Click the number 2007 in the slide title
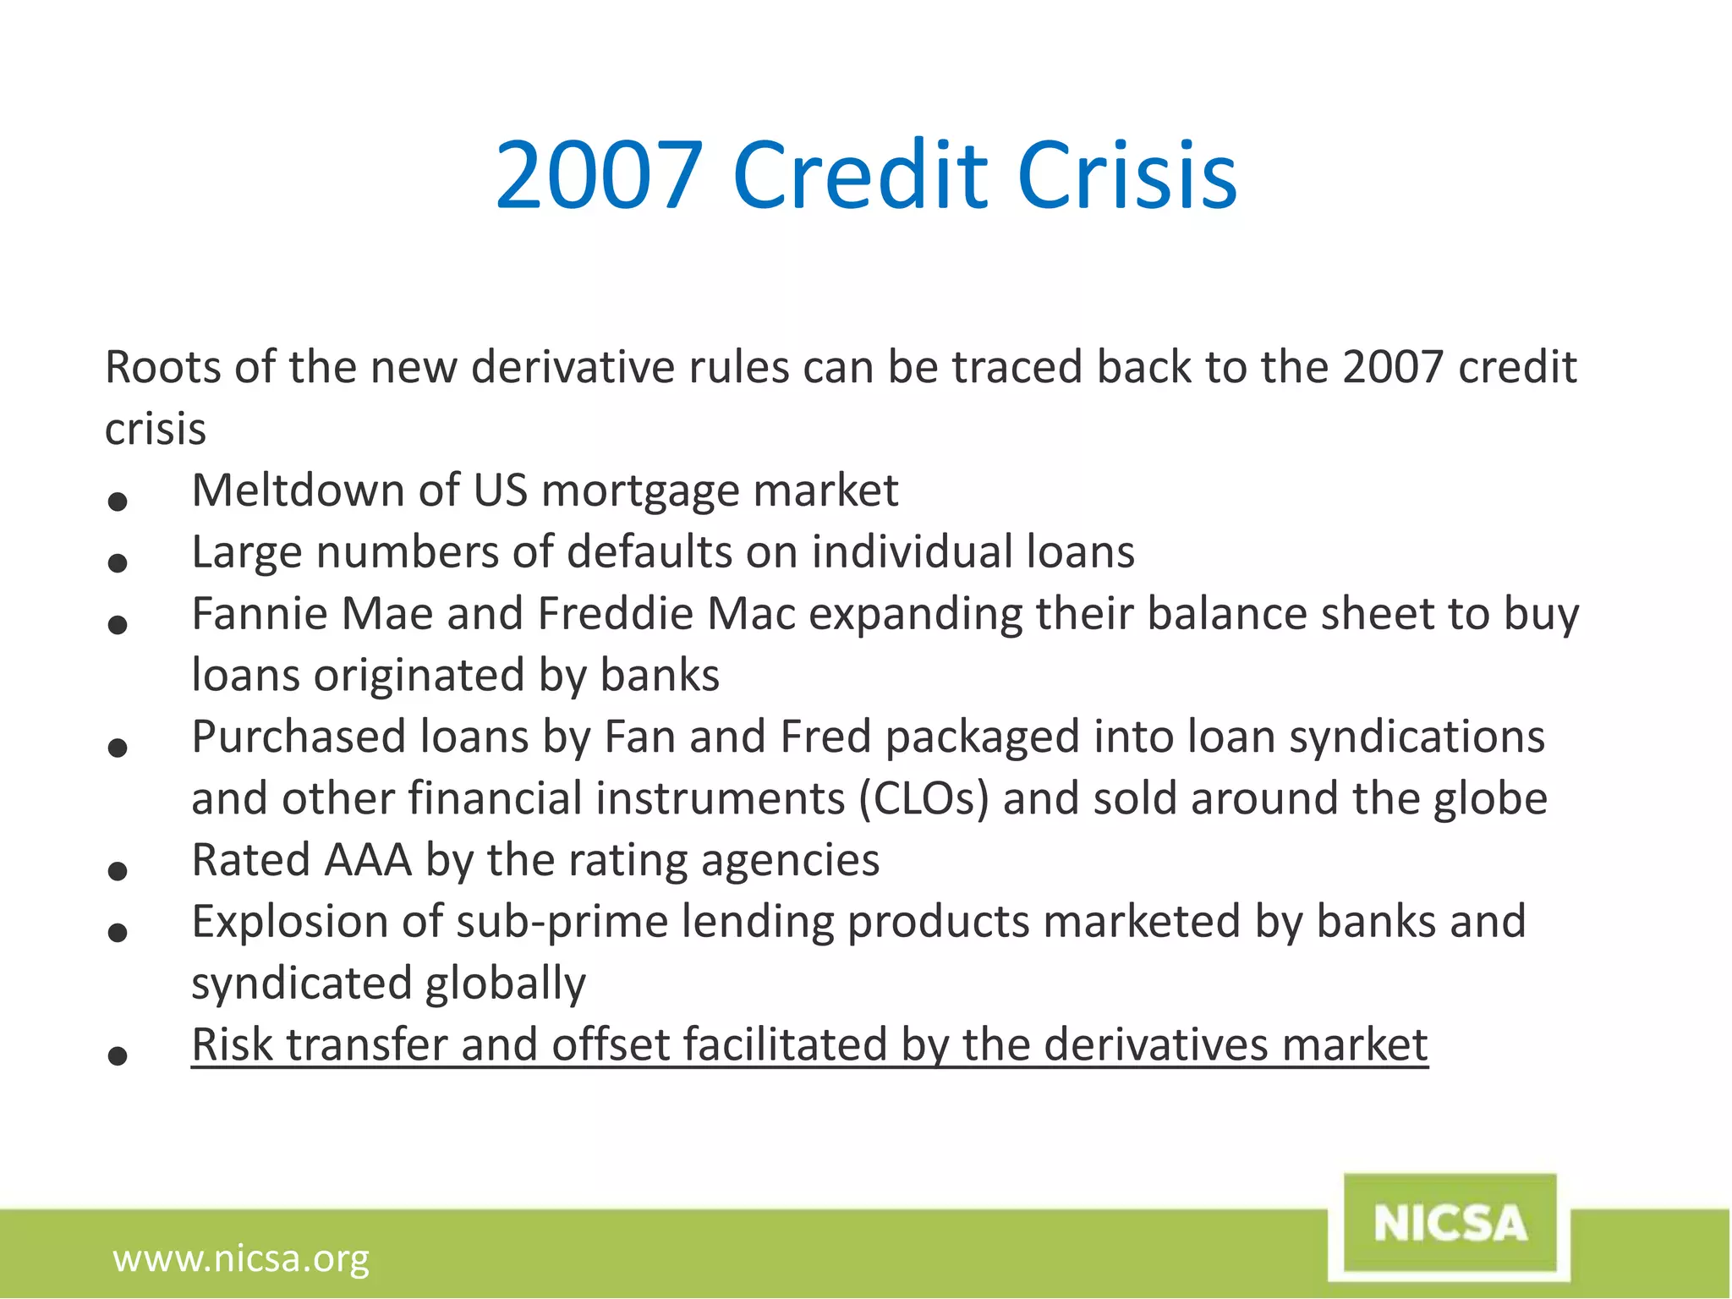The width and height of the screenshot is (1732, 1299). pos(599,176)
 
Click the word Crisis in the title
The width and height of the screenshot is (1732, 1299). pos(1127,176)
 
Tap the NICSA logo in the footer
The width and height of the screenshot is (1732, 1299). pos(1450,1224)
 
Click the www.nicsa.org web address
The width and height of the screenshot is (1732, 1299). pos(241,1258)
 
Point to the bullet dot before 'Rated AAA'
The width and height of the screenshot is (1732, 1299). pos(118,871)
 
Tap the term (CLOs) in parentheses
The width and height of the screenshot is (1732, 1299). pos(924,799)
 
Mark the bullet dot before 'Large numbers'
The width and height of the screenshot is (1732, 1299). pos(118,563)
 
